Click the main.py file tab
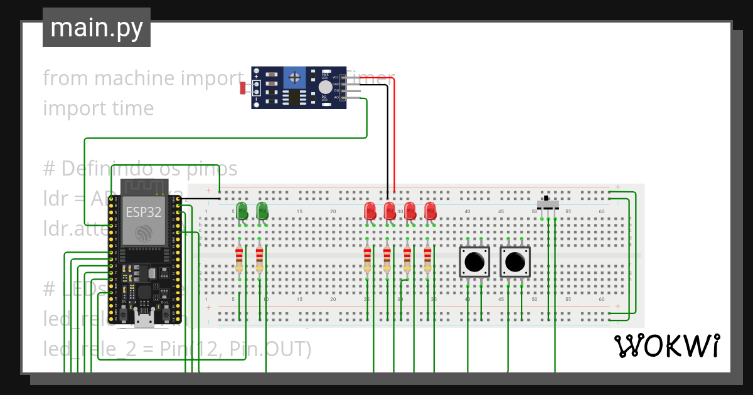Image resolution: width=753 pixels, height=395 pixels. [96, 28]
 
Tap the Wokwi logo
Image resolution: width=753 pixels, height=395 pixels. [666, 345]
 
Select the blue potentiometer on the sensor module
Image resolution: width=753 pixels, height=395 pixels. [293, 78]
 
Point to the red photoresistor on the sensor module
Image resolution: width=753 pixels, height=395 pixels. [243, 88]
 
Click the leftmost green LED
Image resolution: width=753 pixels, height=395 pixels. [242, 211]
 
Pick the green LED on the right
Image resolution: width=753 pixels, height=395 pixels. [262, 211]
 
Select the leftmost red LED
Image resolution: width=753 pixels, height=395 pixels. [370, 211]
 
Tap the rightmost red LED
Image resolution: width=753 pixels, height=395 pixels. [430, 211]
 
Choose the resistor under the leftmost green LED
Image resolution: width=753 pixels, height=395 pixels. [238, 259]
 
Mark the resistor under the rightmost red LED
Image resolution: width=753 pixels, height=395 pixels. [427, 259]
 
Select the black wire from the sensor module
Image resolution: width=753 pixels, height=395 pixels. [387, 138]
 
